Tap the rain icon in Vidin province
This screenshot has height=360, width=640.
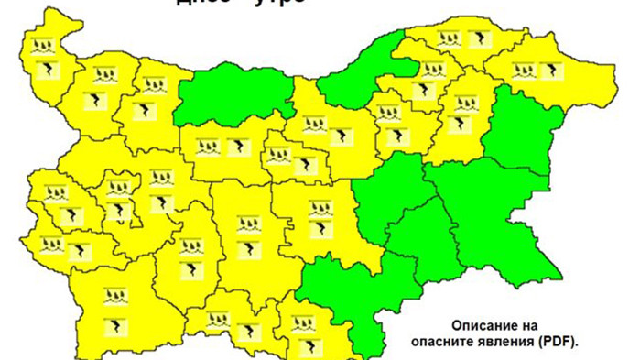point(42,46)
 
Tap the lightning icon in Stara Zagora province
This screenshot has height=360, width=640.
point(320,229)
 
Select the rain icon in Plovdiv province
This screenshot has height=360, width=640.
point(247,224)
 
